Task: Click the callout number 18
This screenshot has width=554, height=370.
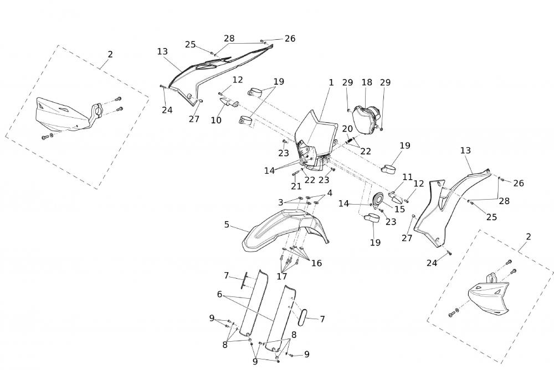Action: tap(367, 82)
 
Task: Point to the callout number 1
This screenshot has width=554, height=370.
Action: tap(331, 82)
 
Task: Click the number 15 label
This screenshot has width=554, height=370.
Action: tap(399, 209)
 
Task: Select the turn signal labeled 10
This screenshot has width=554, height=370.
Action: tap(228, 103)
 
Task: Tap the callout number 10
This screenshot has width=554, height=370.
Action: tap(216, 119)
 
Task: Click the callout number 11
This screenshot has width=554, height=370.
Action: tap(408, 177)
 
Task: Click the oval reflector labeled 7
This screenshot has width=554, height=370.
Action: tap(304, 317)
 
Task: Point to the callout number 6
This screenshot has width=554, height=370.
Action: tap(220, 295)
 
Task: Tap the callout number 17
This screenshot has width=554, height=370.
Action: tap(282, 276)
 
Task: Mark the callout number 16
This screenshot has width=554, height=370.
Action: tap(316, 263)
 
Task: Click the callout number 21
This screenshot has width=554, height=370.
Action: tap(296, 186)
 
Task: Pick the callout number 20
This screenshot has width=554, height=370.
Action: tap(347, 128)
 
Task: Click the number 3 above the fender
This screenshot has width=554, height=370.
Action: tap(281, 202)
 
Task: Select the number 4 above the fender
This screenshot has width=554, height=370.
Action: tap(330, 193)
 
